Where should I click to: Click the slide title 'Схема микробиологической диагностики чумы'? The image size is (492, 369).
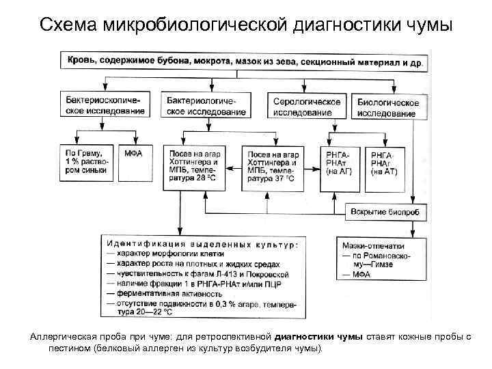point(246,25)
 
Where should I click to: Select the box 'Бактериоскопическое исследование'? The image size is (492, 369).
point(105,105)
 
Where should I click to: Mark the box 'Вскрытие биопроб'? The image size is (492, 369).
point(385,213)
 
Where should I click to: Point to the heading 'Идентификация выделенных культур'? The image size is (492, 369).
point(202,244)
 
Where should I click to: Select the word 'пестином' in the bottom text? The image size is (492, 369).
point(68,348)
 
